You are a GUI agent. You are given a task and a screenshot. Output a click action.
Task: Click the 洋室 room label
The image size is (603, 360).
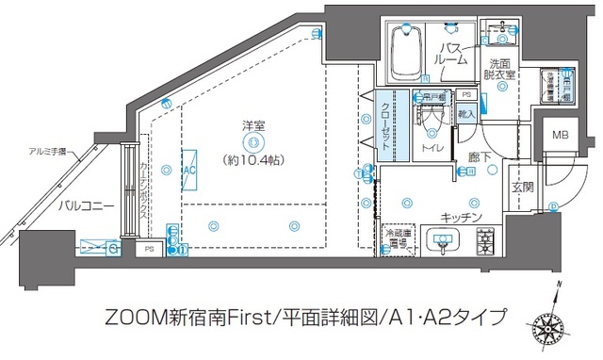point(251,124)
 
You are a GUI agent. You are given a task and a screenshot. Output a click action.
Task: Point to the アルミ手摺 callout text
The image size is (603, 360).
point(48,151)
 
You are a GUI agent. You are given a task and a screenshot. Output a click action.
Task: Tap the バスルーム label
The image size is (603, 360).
point(450,53)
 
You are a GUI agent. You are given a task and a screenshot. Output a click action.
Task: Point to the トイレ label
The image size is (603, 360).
point(433,148)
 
